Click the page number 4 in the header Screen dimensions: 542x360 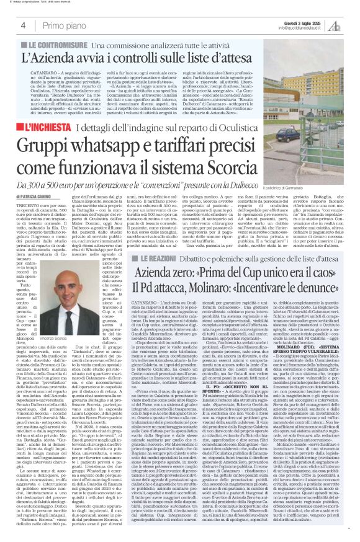coord(23,25)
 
